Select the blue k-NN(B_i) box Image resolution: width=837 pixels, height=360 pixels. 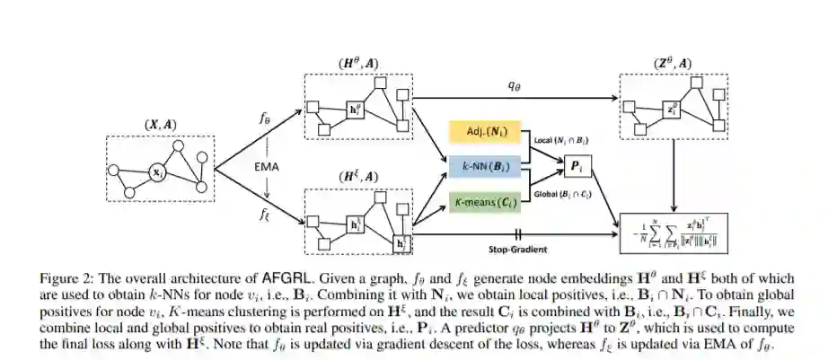(x=488, y=167)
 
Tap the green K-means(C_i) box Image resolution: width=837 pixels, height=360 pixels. (x=488, y=200)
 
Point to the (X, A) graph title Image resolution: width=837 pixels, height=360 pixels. (x=160, y=127)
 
